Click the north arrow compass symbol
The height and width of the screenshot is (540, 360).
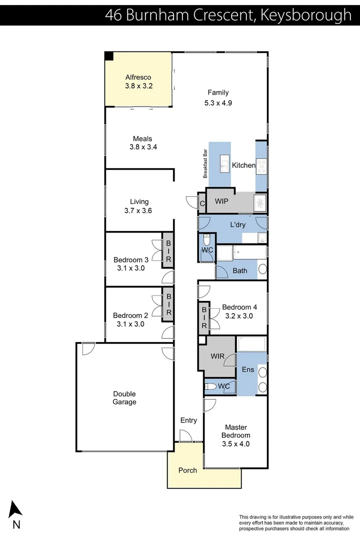point(16,509)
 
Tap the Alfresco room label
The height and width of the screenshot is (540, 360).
point(138,77)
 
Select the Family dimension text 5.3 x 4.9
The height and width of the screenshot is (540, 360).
point(218,103)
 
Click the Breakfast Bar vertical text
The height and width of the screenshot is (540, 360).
point(205,164)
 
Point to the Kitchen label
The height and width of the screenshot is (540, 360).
point(244,165)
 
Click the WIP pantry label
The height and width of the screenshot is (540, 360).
point(222,201)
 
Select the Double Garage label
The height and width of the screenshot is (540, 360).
point(124,398)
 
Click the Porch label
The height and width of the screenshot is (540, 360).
point(187,470)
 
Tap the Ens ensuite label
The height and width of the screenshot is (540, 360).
point(248,370)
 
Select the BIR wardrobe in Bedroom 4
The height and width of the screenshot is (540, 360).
point(204,318)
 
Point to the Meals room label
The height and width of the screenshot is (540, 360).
point(142,139)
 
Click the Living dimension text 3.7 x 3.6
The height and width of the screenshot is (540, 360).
point(138,211)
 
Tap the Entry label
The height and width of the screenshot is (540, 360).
point(188,420)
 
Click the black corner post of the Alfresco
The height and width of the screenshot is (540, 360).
point(109,56)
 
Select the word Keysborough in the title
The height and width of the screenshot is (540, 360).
point(306,15)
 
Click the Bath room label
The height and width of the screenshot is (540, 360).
point(240,271)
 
